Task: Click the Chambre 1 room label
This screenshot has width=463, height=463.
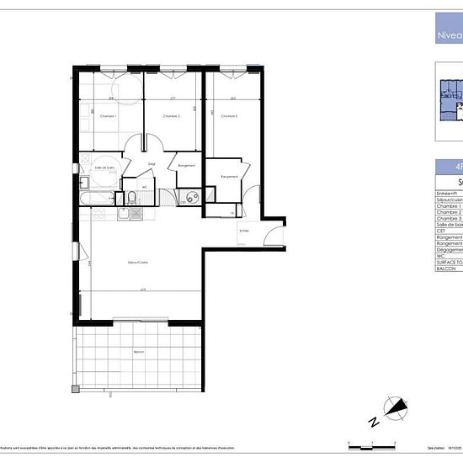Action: coord(108,116)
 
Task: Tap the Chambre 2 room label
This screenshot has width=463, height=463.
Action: coord(172,116)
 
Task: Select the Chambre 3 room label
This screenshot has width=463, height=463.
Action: coord(229,116)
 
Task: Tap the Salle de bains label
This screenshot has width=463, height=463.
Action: coord(104,169)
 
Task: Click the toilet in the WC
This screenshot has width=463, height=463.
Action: coord(132,199)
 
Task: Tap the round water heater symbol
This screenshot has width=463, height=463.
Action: coord(192,199)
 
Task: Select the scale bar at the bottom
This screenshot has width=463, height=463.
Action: coord(370,442)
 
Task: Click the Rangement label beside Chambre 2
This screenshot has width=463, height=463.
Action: coord(187,166)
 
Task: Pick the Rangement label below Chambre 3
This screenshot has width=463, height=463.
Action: coord(229,177)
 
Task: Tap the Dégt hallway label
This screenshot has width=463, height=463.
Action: coord(152,163)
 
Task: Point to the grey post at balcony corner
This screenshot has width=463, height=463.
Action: coord(75,389)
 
